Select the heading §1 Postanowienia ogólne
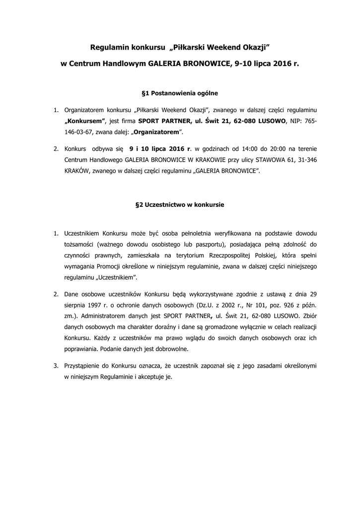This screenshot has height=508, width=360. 180,93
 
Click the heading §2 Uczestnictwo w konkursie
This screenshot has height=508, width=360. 180,204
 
